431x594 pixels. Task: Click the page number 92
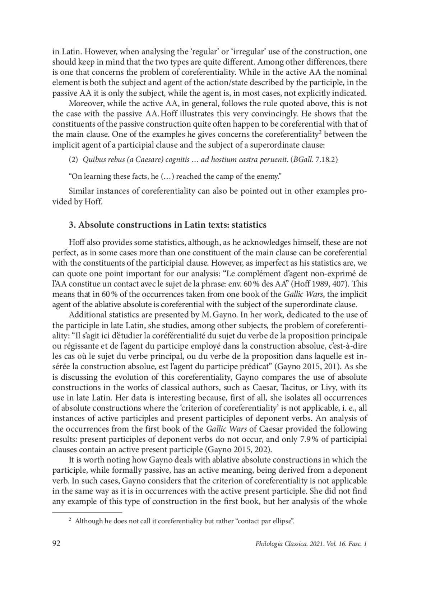56,543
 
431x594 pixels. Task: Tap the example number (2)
73,159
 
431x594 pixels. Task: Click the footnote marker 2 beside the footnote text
70,520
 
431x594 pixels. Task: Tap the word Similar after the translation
81,191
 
